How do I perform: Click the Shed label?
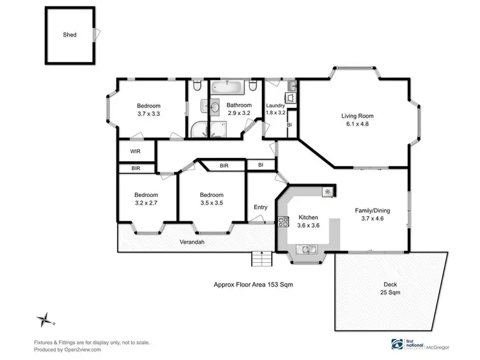point(70,35)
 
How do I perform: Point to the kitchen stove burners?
point(284,223)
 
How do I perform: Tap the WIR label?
point(135,152)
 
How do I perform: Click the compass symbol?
point(44,318)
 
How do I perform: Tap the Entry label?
point(260,207)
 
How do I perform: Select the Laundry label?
point(275,106)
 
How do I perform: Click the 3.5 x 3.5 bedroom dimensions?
point(211,203)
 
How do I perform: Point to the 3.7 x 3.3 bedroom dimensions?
point(148,113)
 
